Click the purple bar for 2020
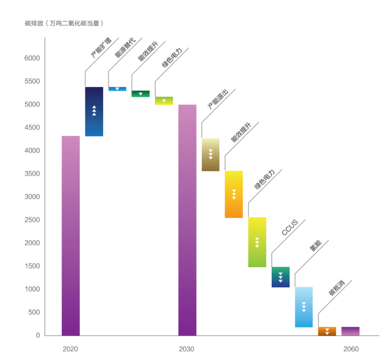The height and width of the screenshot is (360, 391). pyautogui.click(x=71, y=235)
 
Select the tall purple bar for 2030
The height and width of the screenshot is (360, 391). pyautogui.click(x=187, y=220)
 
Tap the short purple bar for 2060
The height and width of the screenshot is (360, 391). pyautogui.click(x=350, y=331)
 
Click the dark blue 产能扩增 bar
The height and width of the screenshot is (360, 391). pyautogui.click(x=94, y=112)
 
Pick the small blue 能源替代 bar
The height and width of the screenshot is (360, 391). pyautogui.click(x=117, y=89)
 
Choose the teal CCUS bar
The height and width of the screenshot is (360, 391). pyautogui.click(x=280, y=277)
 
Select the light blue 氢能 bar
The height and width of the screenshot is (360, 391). pyautogui.click(x=304, y=307)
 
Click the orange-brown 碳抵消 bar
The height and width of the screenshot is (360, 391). pyautogui.click(x=327, y=331)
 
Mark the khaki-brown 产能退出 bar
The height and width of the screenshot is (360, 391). pyautogui.click(x=211, y=155)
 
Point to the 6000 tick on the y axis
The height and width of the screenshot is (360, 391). pyautogui.click(x=31, y=58)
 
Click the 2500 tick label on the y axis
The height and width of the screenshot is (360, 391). pyautogui.click(x=31, y=220)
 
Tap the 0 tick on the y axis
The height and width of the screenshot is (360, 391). pyautogui.click(x=38, y=335)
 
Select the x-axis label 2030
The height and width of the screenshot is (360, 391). pyautogui.click(x=187, y=349)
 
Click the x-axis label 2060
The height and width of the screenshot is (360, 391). pyautogui.click(x=350, y=349)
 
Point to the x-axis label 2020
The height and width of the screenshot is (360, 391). pyautogui.click(x=70, y=349)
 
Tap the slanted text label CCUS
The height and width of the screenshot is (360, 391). pyautogui.click(x=290, y=228)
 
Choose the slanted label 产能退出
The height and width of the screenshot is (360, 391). pyautogui.click(x=218, y=99)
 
